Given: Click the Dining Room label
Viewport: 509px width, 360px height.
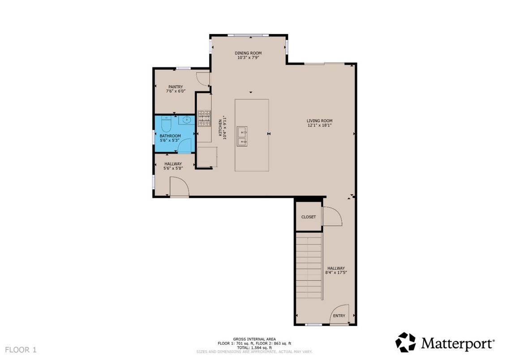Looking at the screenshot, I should click(248, 53).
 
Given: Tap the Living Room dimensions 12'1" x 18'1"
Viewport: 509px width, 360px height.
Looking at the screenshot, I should click(319, 125).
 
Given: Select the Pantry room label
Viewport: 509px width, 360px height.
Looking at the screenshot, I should click(175, 87).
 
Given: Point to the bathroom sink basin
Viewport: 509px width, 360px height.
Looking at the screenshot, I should click(187, 120).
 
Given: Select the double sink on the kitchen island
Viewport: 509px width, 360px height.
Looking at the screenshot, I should click(243, 136).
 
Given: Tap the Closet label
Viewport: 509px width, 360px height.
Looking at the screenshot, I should click(308, 217).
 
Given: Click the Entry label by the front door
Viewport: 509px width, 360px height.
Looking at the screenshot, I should click(339, 316).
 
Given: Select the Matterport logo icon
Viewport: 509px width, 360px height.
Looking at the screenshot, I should click(406, 343).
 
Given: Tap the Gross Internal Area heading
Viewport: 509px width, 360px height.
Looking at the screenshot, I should click(254, 339).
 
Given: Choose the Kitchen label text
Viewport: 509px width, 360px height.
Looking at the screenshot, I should click(220, 128).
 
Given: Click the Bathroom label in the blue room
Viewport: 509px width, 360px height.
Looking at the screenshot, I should click(170, 136).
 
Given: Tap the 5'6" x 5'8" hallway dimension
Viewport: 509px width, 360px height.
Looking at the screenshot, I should click(173, 168).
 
